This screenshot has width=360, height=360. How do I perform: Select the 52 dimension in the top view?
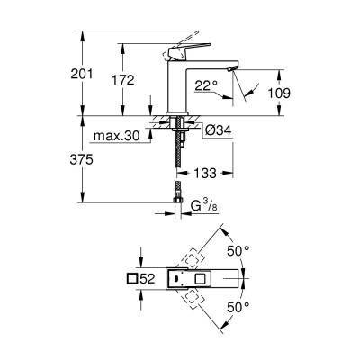149,279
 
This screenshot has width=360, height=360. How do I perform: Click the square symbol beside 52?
133,279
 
